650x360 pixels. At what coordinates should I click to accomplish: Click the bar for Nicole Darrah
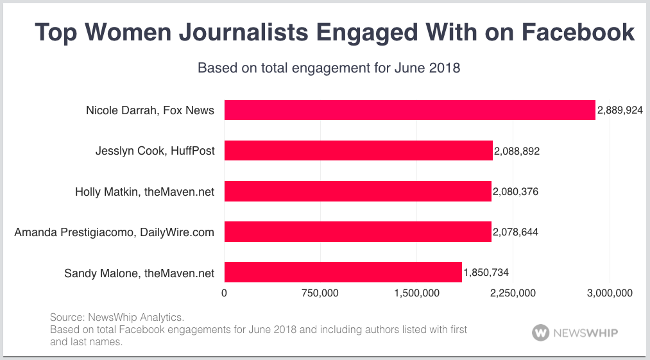409,110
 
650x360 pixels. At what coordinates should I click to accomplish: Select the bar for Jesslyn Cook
358,151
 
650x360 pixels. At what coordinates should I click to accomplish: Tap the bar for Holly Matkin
357,192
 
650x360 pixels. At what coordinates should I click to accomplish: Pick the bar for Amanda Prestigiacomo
357,232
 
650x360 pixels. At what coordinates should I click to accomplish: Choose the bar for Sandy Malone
343,273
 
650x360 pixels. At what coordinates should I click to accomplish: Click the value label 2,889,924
620,110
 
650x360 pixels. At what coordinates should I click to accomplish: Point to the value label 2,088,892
517,151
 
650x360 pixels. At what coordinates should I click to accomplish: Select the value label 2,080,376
515,192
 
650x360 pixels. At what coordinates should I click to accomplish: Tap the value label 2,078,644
515,232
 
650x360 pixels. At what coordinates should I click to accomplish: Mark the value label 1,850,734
486,273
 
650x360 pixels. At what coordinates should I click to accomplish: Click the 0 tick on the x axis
224,293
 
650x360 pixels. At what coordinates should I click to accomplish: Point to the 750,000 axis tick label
320,293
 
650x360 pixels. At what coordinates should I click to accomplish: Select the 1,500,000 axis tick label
416,293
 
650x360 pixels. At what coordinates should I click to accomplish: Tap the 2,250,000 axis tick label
513,293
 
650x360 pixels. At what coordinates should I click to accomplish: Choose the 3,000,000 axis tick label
609,293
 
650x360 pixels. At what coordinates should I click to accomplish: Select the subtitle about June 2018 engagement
329,67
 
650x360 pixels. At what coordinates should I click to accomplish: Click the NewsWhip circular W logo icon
541,333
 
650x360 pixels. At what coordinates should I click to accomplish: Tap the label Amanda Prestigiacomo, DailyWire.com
114,232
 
